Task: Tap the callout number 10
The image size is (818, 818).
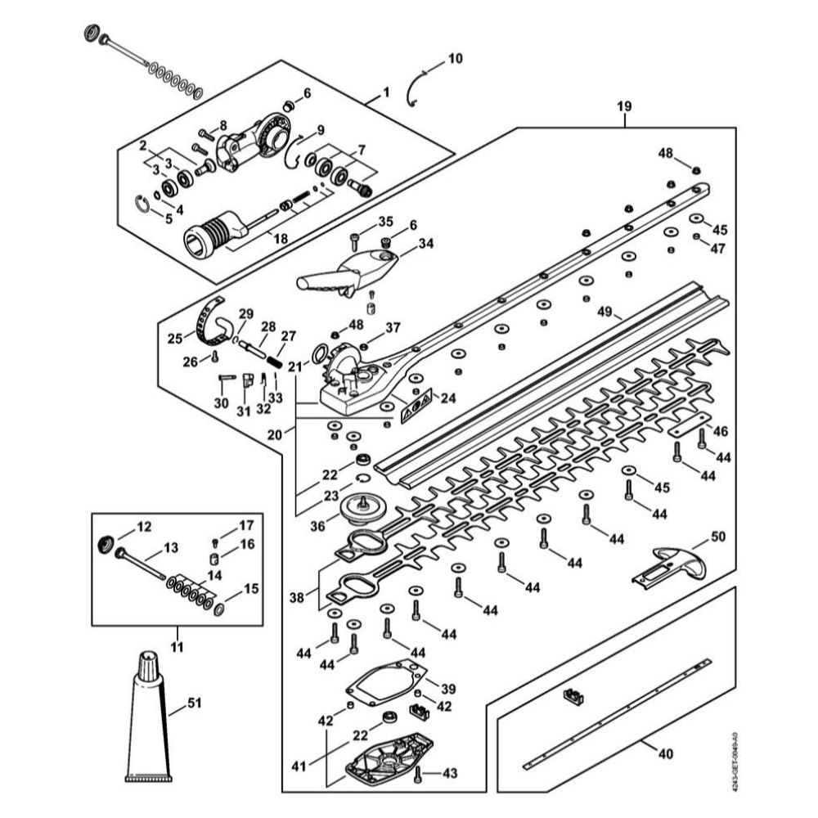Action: click(455, 59)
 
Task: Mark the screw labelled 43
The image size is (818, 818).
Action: click(419, 773)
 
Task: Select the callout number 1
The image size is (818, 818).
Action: click(387, 94)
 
